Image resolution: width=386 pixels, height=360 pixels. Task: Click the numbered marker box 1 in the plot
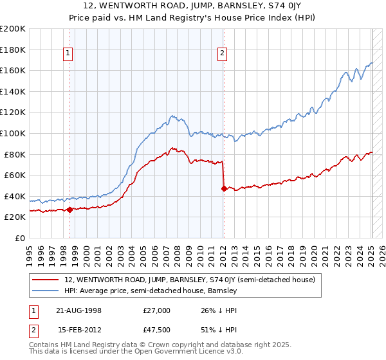click(x=68, y=54)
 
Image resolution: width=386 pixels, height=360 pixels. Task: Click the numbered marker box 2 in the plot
click(x=222, y=54)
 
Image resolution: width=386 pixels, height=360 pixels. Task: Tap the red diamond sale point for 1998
click(x=69, y=210)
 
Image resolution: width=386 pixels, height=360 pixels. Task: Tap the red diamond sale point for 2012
click(x=224, y=188)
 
